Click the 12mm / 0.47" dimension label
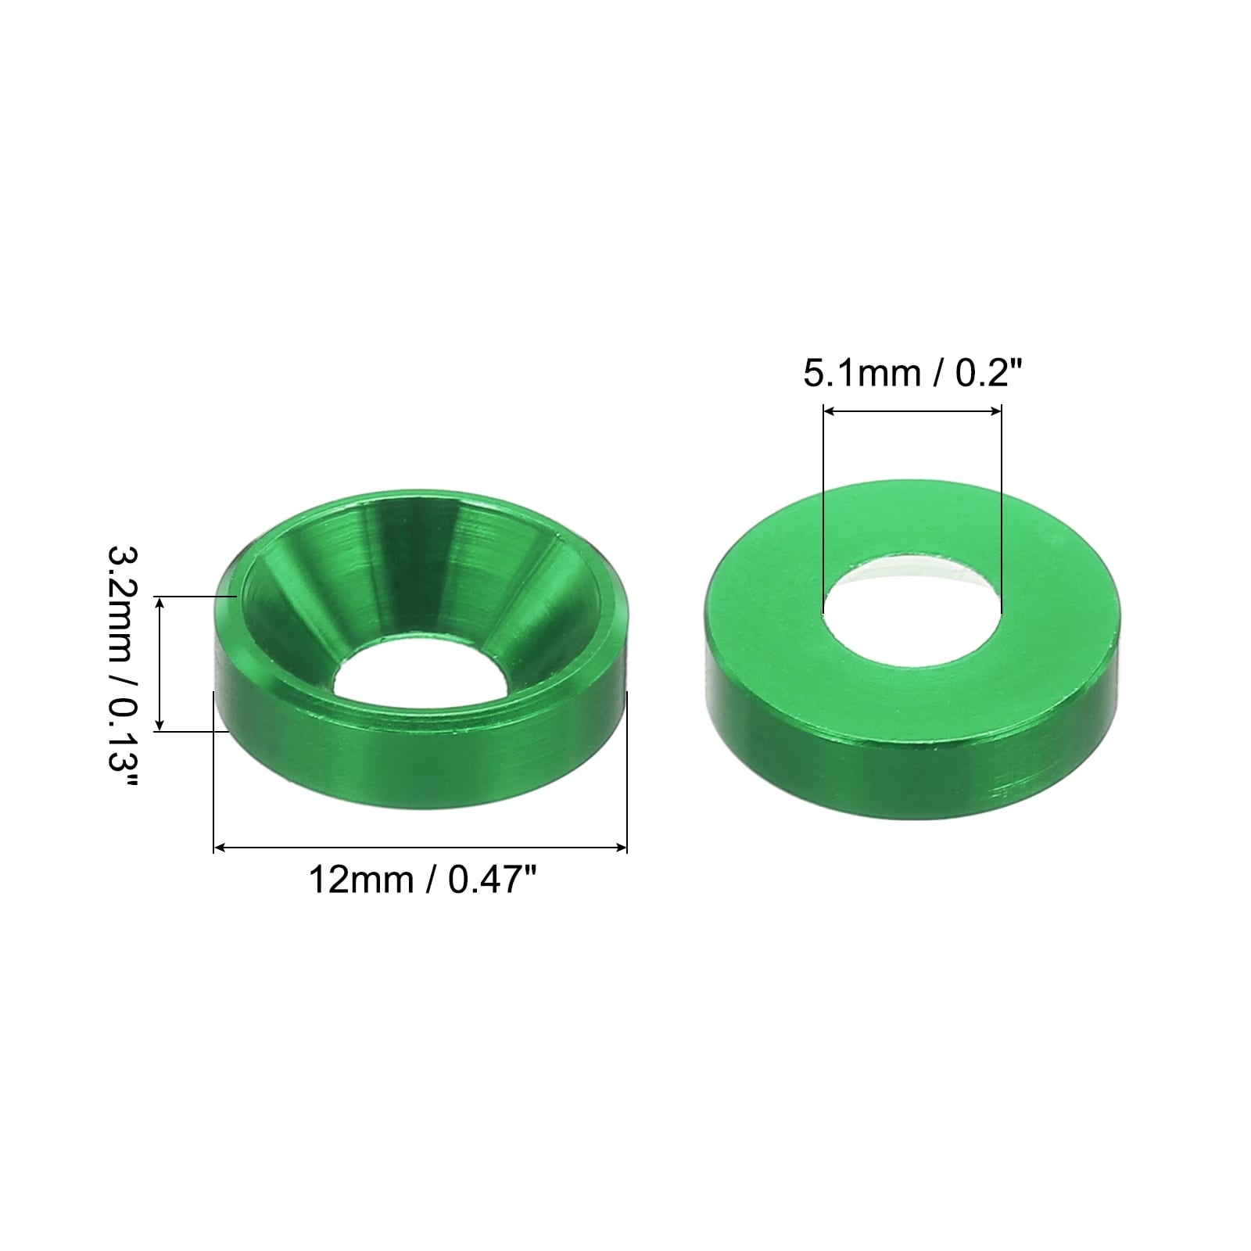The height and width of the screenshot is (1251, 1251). point(423,880)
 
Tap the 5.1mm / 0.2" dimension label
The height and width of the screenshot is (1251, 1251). point(912,373)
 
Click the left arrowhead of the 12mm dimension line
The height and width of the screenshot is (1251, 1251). point(220,847)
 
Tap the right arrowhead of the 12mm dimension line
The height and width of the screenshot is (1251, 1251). point(621,847)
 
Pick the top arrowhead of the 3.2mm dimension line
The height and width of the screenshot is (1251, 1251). point(160,601)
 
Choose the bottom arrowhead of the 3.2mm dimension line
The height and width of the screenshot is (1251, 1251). point(160,725)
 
